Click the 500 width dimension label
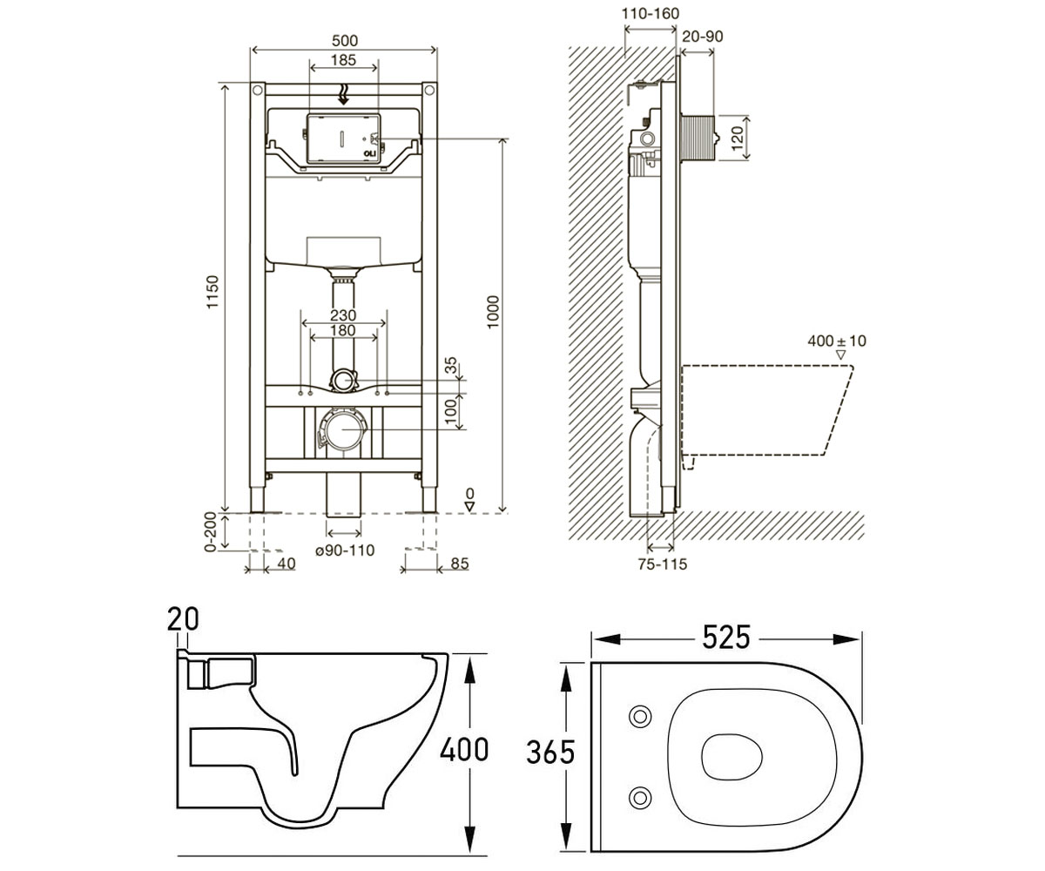pos(344,40)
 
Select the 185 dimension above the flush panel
pos(343,60)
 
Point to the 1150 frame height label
pos(212,292)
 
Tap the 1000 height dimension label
pos(494,312)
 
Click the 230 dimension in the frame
pos(343,315)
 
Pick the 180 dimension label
pos(343,330)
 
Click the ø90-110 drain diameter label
pos(345,550)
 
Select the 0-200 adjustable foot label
pos(211,532)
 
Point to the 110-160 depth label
pos(651,14)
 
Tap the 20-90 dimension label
pos(703,37)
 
